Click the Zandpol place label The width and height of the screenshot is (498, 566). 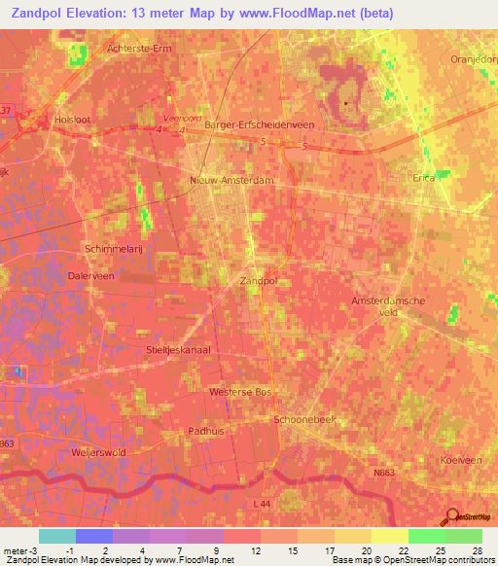tap(259, 280)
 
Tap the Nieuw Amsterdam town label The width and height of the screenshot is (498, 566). tap(231, 181)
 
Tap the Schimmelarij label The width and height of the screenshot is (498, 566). tap(115, 248)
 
